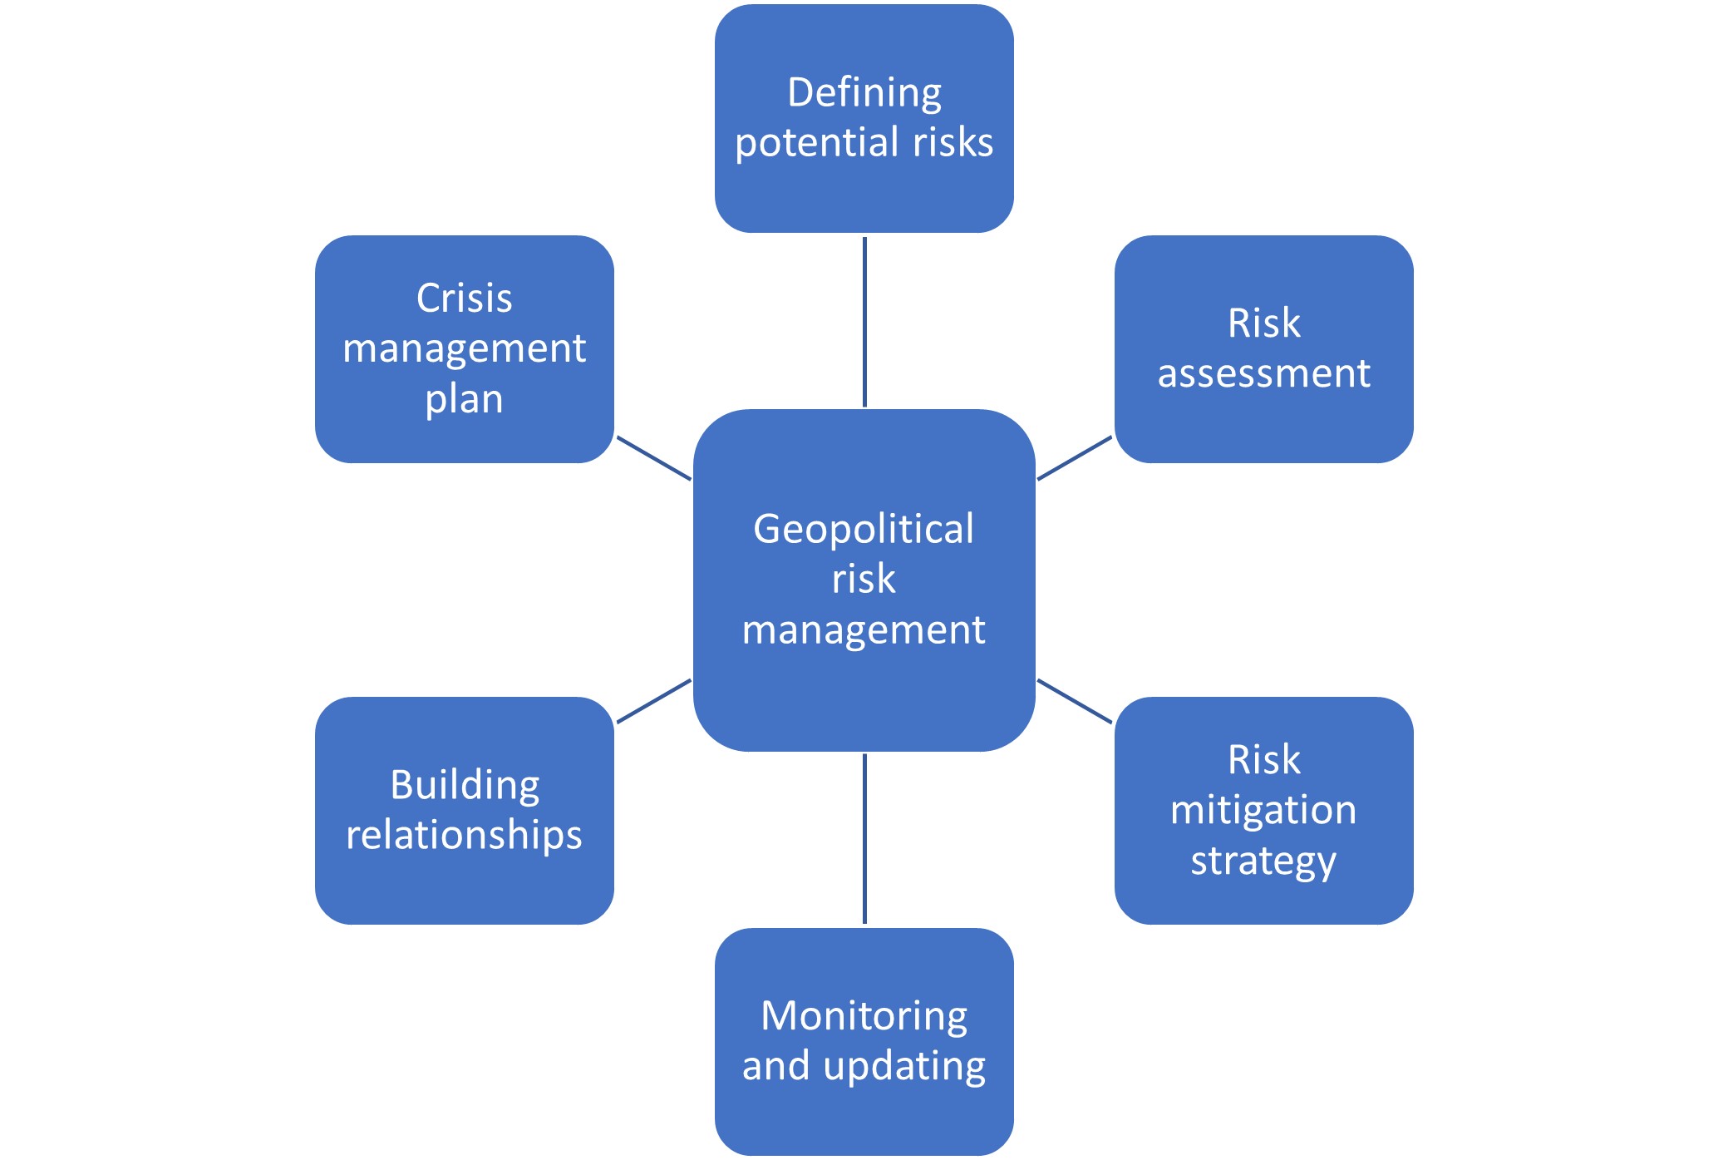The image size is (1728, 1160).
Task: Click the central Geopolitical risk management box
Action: [x=864, y=580]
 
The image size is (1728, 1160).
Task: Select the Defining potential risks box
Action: [x=864, y=118]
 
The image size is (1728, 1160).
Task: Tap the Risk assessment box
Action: [x=1263, y=349]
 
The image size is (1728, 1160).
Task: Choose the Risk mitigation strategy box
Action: [x=1263, y=811]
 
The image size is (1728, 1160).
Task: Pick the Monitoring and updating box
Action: [x=864, y=1042]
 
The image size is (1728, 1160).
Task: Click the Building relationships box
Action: [x=465, y=811]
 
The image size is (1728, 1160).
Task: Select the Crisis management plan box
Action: [x=465, y=349]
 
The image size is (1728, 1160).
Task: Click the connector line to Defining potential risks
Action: [x=864, y=322]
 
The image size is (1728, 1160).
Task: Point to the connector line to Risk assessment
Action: [x=1075, y=458]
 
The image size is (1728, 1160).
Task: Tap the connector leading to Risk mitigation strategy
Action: [x=1075, y=701]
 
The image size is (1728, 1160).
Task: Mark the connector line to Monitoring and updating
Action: [x=864, y=838]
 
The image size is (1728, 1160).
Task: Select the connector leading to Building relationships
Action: [x=654, y=701]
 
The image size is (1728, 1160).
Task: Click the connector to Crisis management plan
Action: [x=654, y=458]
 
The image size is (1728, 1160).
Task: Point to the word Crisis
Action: [x=465, y=298]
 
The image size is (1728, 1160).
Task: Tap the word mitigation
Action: [x=1263, y=811]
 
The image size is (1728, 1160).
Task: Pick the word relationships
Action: [x=465, y=836]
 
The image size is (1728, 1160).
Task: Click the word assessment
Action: [x=1264, y=374]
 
